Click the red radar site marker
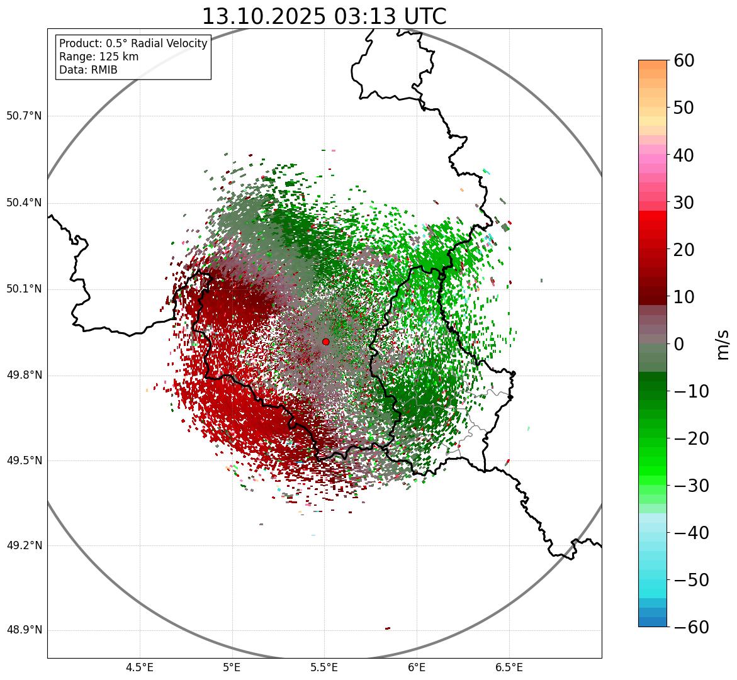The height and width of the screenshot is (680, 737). point(325,342)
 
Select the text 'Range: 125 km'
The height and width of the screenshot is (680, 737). point(99,57)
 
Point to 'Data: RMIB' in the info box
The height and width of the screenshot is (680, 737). point(88,70)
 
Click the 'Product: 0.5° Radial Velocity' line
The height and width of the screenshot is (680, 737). point(133,43)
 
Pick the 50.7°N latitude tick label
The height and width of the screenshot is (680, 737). point(23,116)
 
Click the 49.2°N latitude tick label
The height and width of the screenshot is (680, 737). point(23,545)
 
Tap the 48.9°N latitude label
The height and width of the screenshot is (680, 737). point(23,630)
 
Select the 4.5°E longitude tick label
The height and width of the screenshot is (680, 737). point(140,667)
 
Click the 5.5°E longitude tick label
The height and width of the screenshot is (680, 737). point(324,667)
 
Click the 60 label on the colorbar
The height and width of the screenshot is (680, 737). point(684,60)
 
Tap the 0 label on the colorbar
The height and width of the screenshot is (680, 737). point(678,344)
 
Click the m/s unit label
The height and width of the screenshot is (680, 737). point(723,343)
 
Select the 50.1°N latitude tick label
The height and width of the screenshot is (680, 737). point(23,289)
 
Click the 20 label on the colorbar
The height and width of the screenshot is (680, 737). point(684,250)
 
